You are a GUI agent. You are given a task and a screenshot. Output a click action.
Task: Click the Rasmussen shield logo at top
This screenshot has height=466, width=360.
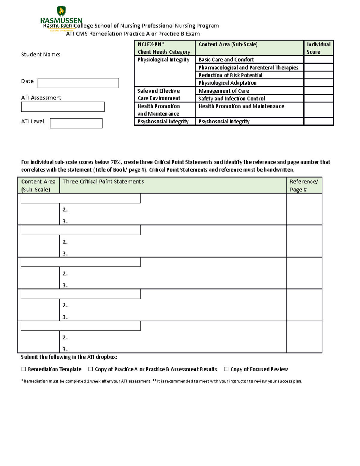click(61, 11)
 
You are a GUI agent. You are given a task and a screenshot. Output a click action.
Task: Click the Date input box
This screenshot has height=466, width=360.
click(78, 83)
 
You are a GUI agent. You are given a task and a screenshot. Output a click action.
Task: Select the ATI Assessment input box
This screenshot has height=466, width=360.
click(63, 107)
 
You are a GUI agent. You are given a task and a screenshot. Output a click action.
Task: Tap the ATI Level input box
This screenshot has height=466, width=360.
click(76, 123)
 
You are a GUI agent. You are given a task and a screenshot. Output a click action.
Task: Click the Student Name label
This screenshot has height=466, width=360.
click(41, 55)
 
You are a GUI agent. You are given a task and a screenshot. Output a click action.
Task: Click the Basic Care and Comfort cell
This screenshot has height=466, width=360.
click(226, 60)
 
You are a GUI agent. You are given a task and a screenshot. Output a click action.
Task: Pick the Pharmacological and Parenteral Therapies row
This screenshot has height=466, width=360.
click(248, 68)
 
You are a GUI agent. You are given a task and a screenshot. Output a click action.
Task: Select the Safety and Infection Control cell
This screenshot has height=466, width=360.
click(232, 98)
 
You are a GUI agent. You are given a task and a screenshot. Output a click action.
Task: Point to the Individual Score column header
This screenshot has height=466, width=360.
click(318, 48)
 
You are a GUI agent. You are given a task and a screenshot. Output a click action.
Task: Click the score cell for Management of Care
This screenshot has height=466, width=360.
click(318, 91)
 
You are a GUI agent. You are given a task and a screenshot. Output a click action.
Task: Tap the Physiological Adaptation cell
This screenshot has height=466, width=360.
click(227, 83)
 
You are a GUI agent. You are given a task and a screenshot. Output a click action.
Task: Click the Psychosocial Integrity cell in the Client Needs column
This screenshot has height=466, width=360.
click(163, 122)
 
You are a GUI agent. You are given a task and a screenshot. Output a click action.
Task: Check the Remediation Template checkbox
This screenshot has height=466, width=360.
click(24, 369)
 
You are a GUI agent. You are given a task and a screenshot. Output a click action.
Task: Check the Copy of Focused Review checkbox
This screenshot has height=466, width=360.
click(226, 369)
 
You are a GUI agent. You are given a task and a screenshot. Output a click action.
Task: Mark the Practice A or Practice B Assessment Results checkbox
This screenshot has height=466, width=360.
click(91, 369)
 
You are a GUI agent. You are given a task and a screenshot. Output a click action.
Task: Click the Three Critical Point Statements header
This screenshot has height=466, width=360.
click(103, 182)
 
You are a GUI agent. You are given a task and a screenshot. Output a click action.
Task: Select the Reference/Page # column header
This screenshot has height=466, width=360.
click(304, 185)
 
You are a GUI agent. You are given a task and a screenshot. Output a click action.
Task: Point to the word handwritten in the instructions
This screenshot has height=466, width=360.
click(279, 170)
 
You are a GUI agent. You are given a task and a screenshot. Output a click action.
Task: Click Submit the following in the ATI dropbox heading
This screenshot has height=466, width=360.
click(69, 357)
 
